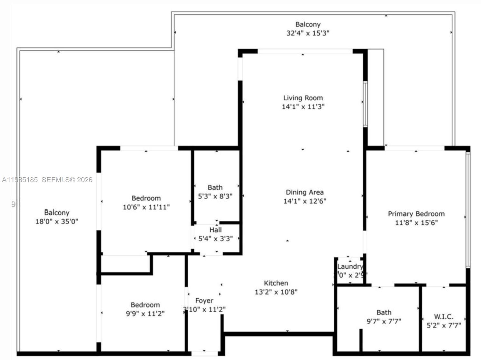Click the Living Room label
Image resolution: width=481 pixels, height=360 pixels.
(x=303, y=98)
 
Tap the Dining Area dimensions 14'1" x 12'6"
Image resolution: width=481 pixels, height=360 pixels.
(x=305, y=201)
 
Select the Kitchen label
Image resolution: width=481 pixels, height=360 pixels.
(x=276, y=283)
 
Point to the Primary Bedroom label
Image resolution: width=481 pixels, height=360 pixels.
(x=416, y=214)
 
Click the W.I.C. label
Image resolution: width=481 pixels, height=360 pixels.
(x=444, y=317)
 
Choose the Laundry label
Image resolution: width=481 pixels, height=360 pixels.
(x=350, y=266)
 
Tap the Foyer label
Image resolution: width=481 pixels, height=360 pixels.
(x=204, y=301)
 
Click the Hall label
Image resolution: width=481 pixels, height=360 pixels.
(x=215, y=230)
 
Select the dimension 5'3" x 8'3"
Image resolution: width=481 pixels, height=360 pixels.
(x=215, y=196)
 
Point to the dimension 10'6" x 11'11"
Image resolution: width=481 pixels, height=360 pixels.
(x=146, y=207)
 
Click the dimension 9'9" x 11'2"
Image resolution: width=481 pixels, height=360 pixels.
(x=145, y=314)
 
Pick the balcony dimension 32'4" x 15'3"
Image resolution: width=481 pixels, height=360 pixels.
(x=308, y=33)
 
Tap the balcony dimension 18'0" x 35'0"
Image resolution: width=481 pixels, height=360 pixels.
(x=57, y=222)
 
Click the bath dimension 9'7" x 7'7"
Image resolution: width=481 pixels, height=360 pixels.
(x=384, y=321)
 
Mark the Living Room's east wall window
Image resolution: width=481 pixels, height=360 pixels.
(x=365, y=104)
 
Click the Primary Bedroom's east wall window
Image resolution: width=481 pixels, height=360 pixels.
(x=468, y=210)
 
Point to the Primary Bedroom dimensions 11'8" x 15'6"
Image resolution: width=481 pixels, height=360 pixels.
(x=416, y=223)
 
